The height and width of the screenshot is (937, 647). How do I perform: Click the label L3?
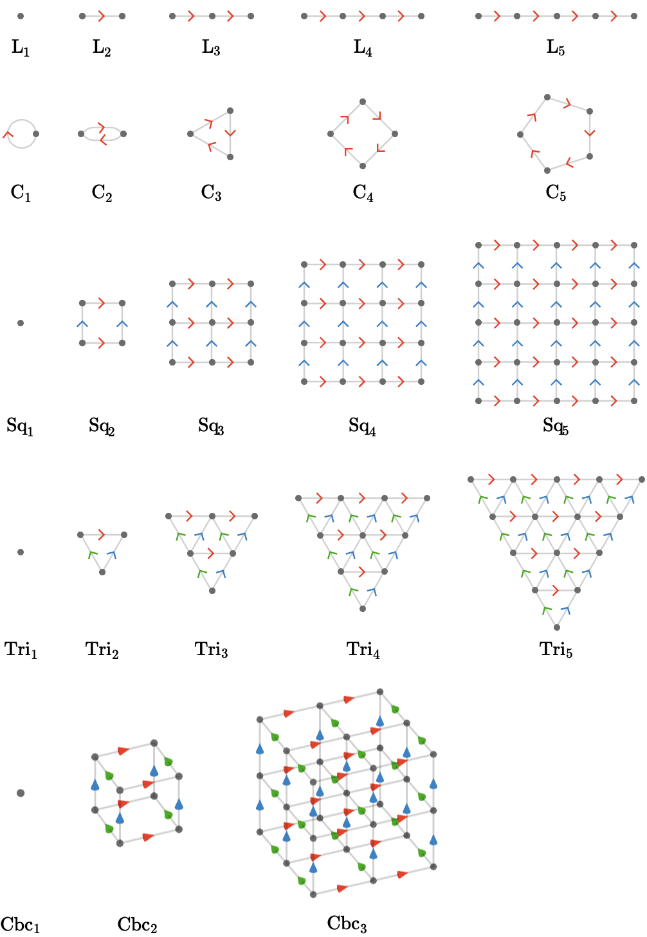(x=211, y=47)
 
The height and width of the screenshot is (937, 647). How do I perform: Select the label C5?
(x=556, y=192)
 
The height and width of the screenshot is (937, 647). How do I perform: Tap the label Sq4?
(x=362, y=426)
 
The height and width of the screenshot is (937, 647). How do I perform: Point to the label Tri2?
(x=102, y=649)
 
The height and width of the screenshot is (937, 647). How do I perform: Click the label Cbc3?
(x=347, y=923)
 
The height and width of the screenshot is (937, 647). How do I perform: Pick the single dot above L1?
(x=21, y=16)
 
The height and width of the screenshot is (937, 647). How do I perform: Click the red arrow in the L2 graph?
(x=101, y=16)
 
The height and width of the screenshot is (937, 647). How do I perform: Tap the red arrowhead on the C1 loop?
(x=8, y=134)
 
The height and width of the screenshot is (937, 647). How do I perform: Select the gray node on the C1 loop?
(x=36, y=134)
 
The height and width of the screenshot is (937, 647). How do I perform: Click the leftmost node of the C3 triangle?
(x=190, y=134)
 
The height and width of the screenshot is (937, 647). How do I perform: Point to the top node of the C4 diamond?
(x=363, y=102)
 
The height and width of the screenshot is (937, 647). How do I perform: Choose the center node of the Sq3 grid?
(x=212, y=322)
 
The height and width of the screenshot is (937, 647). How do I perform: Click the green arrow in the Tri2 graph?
(x=93, y=555)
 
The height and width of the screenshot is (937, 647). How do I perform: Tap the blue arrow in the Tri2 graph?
(x=112, y=555)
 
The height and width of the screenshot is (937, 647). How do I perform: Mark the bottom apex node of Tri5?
(x=557, y=627)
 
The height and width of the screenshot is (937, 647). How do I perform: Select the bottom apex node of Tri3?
(x=212, y=591)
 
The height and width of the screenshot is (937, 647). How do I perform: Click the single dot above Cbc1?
(x=21, y=793)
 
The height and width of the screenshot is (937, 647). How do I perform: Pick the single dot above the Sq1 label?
(x=21, y=323)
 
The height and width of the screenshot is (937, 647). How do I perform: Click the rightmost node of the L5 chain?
(x=634, y=16)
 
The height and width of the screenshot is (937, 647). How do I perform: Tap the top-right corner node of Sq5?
(x=634, y=245)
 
